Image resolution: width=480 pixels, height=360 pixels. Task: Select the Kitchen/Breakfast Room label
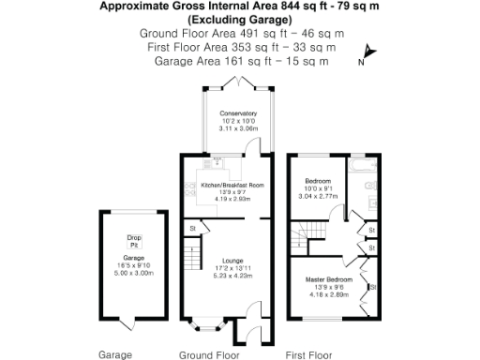click(232, 186)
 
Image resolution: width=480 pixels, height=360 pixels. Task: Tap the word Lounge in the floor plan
click(232, 261)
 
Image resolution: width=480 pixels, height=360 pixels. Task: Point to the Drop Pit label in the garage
click(133, 241)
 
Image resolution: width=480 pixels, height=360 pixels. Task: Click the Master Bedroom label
click(328, 280)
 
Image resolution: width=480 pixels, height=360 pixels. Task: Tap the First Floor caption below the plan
click(308, 355)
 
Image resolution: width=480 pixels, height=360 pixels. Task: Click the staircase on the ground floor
click(191, 254)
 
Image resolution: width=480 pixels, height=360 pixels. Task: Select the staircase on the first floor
click(319, 232)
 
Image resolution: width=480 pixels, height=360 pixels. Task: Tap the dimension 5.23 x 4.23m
click(233, 277)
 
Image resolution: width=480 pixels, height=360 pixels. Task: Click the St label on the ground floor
click(193, 228)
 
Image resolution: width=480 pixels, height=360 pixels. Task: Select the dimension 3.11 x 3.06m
click(237, 128)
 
